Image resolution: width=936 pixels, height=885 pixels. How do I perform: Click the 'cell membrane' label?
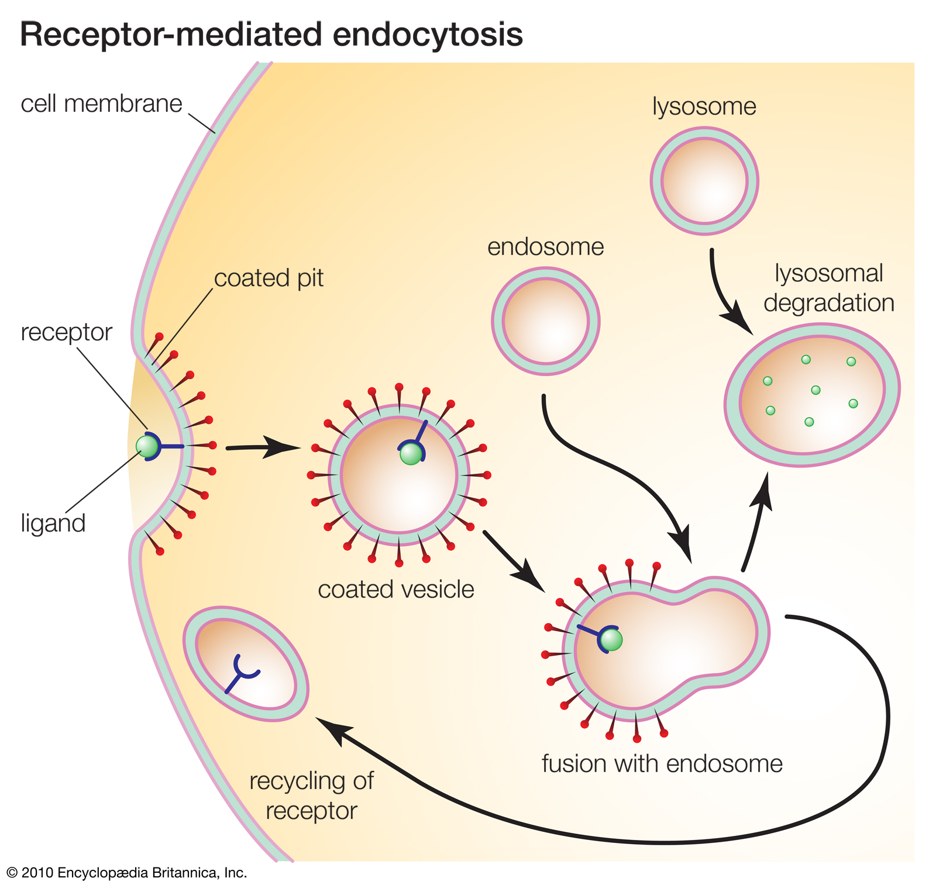[x=101, y=104]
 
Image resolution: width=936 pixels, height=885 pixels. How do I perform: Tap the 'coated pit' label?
[x=269, y=278]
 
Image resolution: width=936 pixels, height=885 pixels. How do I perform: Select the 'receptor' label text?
[x=66, y=332]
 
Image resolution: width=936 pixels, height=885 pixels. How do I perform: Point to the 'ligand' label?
[x=53, y=523]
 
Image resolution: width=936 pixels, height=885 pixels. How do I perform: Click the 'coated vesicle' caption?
[x=395, y=590]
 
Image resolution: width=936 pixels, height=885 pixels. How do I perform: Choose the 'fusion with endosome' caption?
[x=662, y=764]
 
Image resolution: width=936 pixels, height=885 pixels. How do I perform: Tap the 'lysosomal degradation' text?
[x=828, y=288]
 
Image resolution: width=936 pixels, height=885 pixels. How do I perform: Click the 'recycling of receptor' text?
[x=311, y=796]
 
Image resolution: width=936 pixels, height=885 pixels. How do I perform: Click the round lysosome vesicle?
[x=704, y=181]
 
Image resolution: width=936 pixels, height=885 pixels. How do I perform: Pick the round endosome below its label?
[x=545, y=321]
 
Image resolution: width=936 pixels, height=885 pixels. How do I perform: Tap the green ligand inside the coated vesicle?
[x=411, y=454]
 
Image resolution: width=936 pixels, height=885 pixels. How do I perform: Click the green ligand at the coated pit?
[x=146, y=446]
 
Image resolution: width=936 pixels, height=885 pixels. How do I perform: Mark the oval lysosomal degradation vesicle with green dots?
[x=811, y=395]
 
